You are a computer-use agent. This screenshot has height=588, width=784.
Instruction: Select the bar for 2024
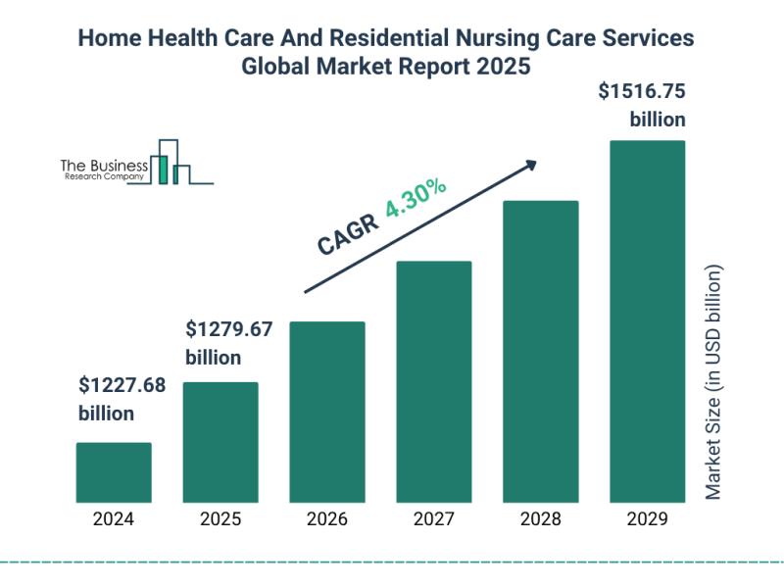coord(114,472)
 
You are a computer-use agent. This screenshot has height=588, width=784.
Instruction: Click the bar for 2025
coord(220,442)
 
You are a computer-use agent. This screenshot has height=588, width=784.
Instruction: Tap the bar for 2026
coord(327,412)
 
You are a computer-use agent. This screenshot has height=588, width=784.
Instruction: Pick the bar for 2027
coord(434,381)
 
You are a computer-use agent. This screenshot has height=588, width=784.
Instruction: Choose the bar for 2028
coord(541,351)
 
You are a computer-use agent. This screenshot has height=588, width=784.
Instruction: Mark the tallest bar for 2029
coord(648,321)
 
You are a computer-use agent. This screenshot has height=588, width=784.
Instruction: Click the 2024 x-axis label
coord(114,519)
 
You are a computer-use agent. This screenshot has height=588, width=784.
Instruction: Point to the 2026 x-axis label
coord(327,519)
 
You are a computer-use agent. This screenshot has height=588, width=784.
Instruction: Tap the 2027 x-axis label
coord(434,519)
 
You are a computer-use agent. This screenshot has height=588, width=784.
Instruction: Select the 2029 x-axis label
coord(648,519)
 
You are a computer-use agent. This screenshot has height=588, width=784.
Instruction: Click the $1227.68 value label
coord(122,385)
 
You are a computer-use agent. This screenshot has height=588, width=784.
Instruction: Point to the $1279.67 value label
coord(229,328)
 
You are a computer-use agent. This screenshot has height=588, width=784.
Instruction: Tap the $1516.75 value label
coord(642,93)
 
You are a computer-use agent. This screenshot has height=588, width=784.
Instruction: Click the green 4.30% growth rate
coord(416,200)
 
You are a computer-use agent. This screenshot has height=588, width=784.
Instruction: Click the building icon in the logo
coord(171,163)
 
